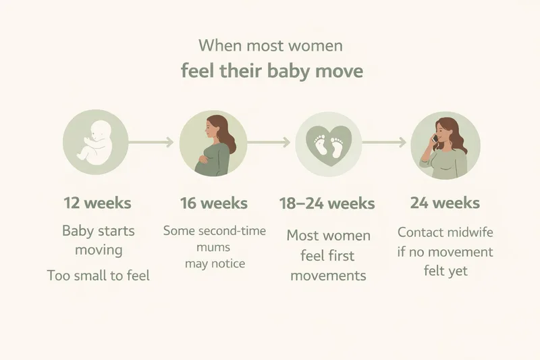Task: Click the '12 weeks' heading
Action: coord(97,203)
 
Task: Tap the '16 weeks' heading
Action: coord(213,203)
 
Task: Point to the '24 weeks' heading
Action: coord(445,203)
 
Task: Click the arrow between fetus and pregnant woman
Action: coord(153,143)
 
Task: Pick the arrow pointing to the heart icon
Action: coord(269,143)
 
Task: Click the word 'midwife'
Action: coord(469,232)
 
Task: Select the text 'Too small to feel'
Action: coord(98,276)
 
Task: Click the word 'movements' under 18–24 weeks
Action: coord(327,276)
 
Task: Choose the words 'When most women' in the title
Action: coord(270,46)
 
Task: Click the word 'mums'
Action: coord(215,247)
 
